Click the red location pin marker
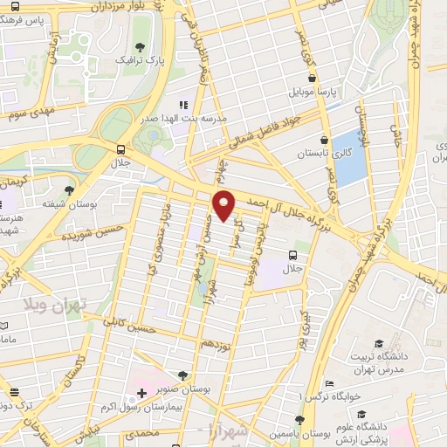[x=224, y=206]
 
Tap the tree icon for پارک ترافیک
[x=141, y=48]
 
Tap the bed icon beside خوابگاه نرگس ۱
[x=328, y=383]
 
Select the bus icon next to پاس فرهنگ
[x=15, y=7]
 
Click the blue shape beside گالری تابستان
[x=348, y=158]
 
